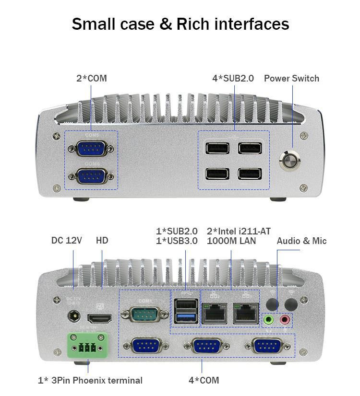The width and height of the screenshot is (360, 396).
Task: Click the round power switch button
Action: tap(290, 161)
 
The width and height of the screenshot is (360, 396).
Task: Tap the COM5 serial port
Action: tap(91, 148)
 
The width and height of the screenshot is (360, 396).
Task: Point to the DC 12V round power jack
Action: tap(74, 317)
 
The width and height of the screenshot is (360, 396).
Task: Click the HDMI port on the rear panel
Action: tap(99, 318)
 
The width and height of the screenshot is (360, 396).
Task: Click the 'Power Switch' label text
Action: tap(291, 78)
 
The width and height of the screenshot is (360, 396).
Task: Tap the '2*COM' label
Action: tap(91, 78)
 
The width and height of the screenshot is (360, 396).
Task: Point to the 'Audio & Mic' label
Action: tap(301, 241)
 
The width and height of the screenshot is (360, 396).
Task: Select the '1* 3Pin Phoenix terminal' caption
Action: tap(90, 380)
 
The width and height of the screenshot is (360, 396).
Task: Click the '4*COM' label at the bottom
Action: tap(204, 380)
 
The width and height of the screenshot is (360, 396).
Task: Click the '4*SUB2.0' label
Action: tap(233, 78)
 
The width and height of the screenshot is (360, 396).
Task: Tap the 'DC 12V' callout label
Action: tap(67, 240)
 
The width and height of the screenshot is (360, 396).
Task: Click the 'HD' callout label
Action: tap(102, 240)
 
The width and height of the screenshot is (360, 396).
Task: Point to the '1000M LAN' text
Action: tap(231, 241)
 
